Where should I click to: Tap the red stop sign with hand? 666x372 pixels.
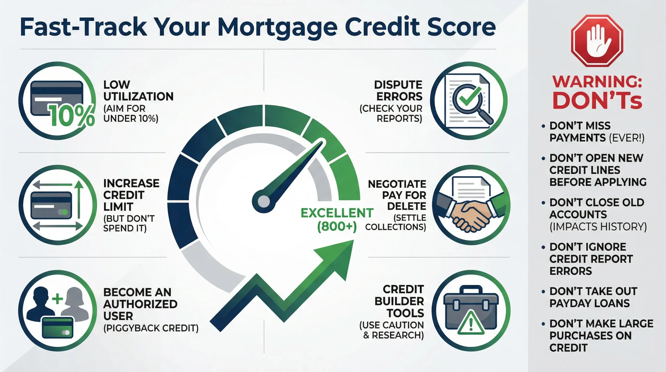[597, 41]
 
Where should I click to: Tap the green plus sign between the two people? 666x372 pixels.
[57, 299]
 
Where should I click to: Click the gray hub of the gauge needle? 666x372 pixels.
[264, 201]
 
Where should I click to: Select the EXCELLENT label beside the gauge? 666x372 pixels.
[337, 213]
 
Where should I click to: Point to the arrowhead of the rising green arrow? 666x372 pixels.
[338, 256]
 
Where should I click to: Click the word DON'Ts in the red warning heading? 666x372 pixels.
[597, 101]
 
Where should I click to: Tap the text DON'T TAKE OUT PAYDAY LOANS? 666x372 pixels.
[593, 297]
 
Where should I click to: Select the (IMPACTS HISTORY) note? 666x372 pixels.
[598, 227]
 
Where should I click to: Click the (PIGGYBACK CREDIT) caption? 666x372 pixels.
[151, 328]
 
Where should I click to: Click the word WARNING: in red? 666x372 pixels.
[597, 82]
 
